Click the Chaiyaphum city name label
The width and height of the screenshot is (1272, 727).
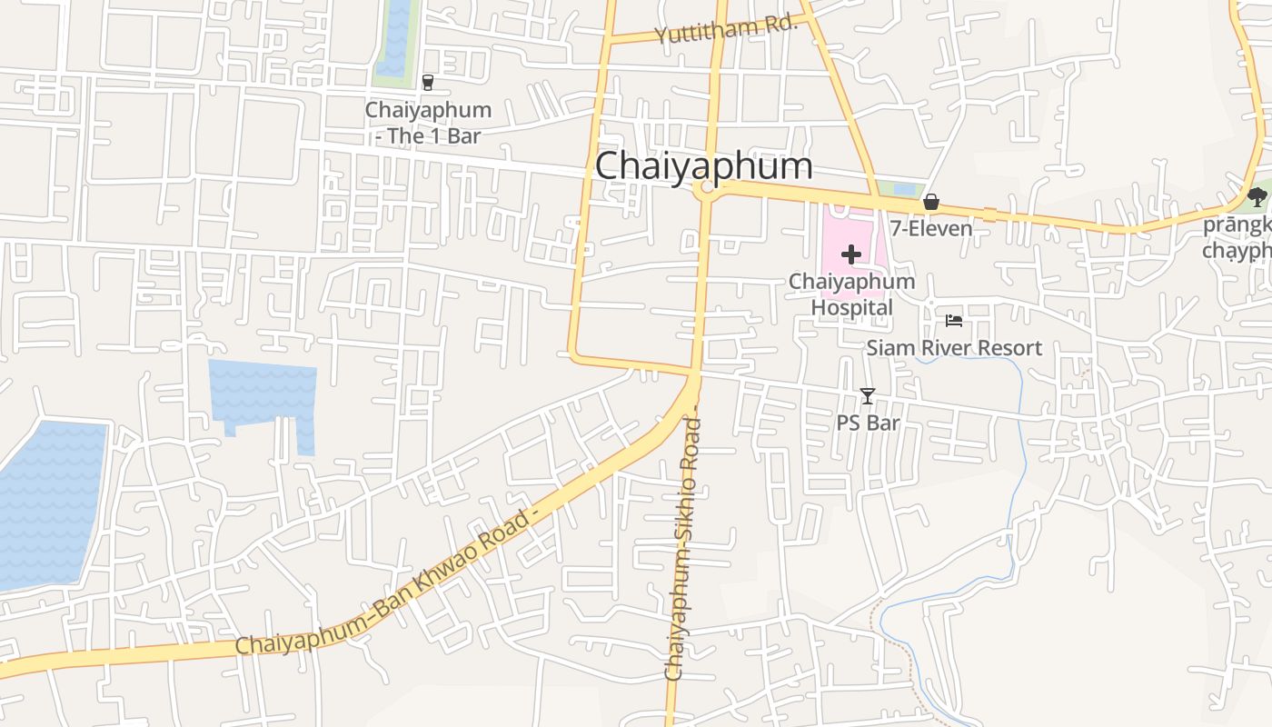[703, 166]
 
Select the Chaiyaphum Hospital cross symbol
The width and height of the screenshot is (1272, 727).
[850, 254]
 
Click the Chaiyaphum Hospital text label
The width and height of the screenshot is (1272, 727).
[851, 294]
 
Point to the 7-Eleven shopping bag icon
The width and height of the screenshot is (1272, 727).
[930, 202]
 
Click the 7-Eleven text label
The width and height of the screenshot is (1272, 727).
[931, 228]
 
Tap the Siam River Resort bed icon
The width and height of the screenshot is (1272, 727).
[953, 320]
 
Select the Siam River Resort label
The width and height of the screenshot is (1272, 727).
[954, 347]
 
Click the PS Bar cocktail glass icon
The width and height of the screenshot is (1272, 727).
[868, 395]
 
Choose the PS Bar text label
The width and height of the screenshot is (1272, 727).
[868, 423]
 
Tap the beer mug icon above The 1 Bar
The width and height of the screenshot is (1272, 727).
[428, 83]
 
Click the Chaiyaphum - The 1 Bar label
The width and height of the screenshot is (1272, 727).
[428, 123]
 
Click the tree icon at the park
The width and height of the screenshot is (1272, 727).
[1257, 196]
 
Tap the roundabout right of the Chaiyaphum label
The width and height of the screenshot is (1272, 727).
[706, 188]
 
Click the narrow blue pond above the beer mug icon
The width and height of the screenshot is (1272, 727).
[395, 36]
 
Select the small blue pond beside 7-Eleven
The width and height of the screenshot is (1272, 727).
[904, 189]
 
